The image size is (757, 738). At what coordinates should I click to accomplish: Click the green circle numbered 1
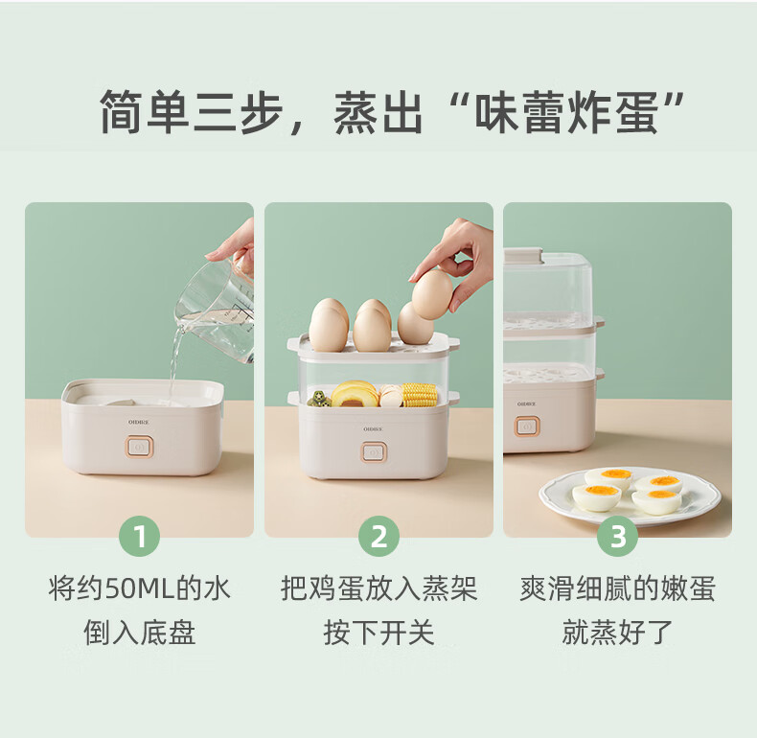pos(140,536)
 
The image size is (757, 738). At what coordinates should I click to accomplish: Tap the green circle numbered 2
pos(379,536)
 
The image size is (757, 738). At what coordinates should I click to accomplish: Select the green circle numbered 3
pos(618,536)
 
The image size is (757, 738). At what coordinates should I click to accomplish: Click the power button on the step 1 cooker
pos(140,448)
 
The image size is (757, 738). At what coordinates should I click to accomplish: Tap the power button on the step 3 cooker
pos(526,427)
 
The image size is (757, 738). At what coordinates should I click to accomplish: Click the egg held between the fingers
pos(432,294)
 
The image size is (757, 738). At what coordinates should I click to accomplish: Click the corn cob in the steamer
pos(419,395)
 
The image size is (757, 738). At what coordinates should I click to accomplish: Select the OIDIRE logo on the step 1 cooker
pos(139,422)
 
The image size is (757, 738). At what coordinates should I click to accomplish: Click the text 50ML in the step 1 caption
pos(140,589)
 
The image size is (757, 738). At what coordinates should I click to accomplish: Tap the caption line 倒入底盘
pos(140,633)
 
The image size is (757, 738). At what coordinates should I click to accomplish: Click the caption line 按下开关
pos(379,633)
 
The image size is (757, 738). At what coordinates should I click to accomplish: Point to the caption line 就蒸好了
pos(617,633)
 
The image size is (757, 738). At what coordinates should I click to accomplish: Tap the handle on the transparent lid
pos(524,255)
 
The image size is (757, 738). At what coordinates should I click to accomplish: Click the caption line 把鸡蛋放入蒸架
pos(379,588)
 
